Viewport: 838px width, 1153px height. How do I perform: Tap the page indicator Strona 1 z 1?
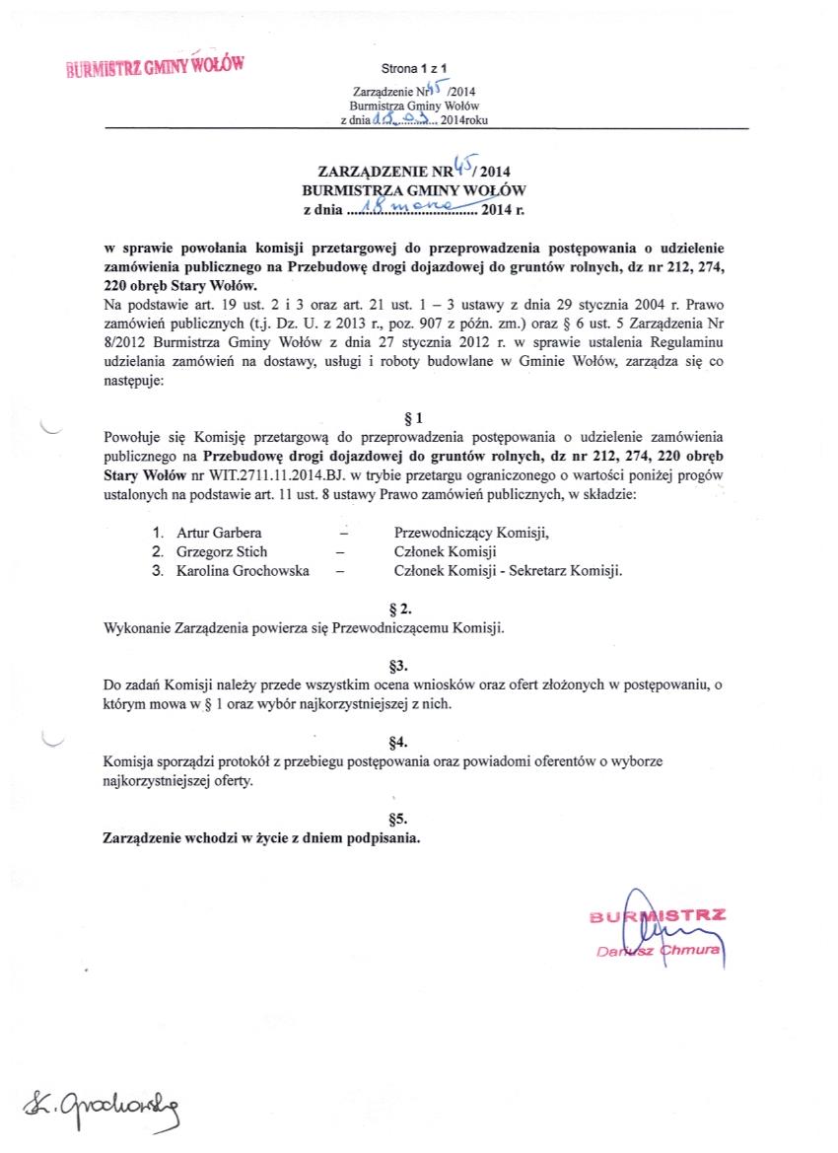click(x=414, y=68)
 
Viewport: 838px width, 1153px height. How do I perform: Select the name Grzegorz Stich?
click(x=222, y=551)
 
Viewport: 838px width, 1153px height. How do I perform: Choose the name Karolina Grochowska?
click(x=242, y=570)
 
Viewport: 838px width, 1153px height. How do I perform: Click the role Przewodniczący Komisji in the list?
click(x=471, y=533)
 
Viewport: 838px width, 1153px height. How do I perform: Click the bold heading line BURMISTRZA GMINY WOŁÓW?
click(x=413, y=188)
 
